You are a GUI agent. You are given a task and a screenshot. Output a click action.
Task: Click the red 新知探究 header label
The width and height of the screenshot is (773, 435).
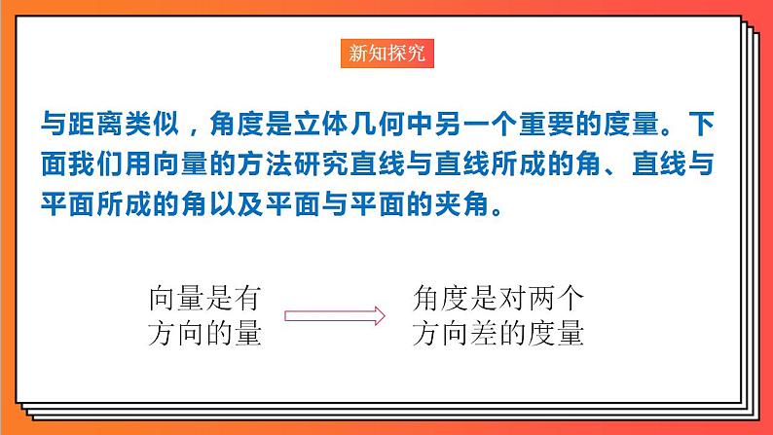click(386, 54)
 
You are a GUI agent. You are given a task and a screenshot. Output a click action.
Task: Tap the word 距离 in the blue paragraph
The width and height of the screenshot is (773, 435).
click(97, 125)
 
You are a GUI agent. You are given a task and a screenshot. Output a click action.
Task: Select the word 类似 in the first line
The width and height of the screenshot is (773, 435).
click(158, 125)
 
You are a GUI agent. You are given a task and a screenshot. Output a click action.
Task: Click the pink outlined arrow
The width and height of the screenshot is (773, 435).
click(331, 314)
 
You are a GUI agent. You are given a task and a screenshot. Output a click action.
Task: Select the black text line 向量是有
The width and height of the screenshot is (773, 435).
click(204, 295)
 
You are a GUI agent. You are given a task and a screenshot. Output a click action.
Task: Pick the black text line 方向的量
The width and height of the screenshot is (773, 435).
click(204, 334)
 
